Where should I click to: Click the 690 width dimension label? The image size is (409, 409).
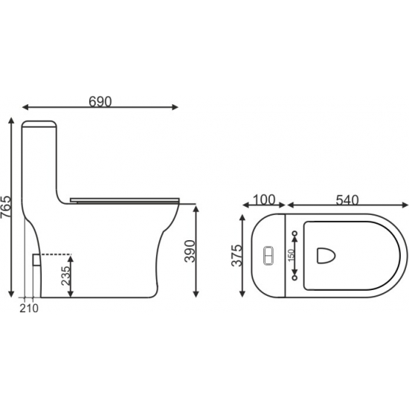click(100, 102)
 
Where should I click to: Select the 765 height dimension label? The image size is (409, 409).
click(6, 207)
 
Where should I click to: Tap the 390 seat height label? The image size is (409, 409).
click(190, 251)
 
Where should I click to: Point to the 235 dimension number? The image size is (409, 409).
click(65, 276)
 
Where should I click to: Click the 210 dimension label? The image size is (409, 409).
click(29, 309)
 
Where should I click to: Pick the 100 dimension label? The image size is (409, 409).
click(264, 200)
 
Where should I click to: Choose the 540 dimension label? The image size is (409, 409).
click(347, 200)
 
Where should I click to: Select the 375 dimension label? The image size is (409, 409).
click(236, 255)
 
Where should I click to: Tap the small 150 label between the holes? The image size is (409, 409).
click(291, 255)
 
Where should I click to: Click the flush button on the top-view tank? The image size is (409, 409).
click(268, 256)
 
